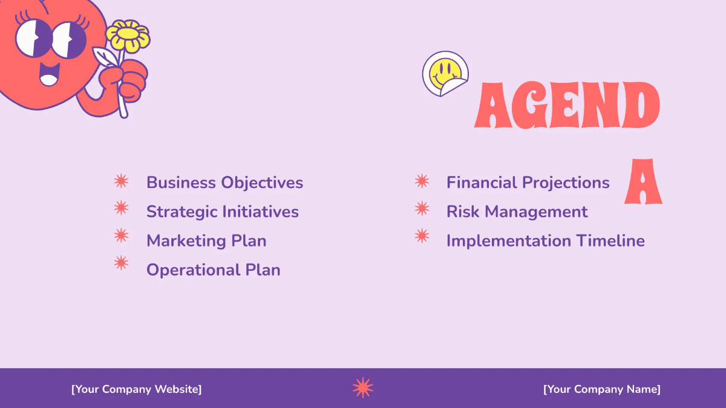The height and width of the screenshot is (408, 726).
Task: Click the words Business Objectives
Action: coord(224,183)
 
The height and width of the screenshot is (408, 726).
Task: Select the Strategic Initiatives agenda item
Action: coord(223,212)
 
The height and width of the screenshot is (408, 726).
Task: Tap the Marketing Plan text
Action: coord(206,241)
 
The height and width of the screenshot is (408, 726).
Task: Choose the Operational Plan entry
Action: coord(213,270)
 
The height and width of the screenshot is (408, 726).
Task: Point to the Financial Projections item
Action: coord(528,183)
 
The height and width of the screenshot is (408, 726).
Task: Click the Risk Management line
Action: coord(517,212)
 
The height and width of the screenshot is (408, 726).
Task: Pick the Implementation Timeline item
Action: coord(546,241)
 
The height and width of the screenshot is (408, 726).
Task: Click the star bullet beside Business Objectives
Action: coord(121,181)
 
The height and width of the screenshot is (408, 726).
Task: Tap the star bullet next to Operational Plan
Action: coord(121,263)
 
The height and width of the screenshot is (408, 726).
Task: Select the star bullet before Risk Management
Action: coord(422,209)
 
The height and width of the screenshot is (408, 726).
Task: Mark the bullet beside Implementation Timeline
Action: coord(422,236)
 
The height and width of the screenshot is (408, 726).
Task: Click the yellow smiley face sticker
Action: coord(445,74)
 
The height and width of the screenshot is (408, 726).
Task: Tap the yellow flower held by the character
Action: coord(128,36)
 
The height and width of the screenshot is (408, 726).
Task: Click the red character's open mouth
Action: coord(50,74)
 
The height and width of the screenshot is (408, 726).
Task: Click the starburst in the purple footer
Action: coord(363,387)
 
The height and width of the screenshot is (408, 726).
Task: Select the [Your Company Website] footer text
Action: coord(137,389)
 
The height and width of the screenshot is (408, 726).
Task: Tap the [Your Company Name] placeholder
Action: coord(602,389)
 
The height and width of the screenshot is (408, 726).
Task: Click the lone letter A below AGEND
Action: coord(643,181)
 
